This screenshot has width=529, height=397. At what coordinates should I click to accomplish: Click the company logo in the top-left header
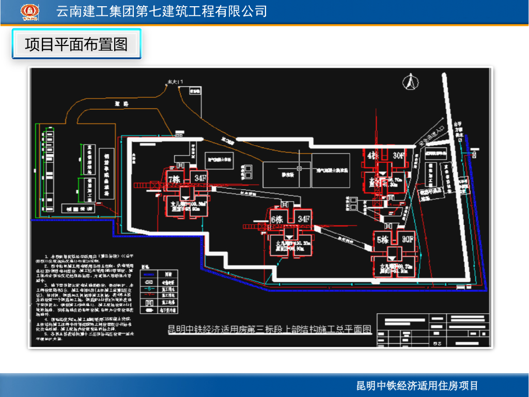click(29, 11)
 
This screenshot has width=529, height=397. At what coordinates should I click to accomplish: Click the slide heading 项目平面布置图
click(76, 44)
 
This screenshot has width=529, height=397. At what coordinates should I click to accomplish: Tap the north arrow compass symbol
click(411, 81)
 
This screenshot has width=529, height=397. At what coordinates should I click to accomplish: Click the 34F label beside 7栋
click(200, 178)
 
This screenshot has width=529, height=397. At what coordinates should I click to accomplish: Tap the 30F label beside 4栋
click(398, 155)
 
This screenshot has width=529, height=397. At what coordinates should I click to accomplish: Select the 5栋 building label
click(383, 239)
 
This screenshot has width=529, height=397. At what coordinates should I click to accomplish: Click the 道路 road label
click(122, 104)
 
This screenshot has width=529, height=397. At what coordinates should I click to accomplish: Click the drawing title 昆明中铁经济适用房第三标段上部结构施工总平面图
click(270, 329)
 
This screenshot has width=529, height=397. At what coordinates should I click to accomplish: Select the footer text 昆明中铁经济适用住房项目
click(417, 386)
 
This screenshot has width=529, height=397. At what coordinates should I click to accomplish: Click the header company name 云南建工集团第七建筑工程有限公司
click(161, 11)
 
